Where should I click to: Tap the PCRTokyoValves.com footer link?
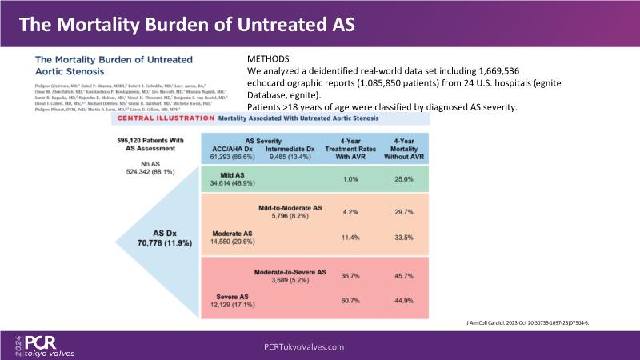click(x=304, y=346)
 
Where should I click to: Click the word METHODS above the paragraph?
click(x=269, y=59)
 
